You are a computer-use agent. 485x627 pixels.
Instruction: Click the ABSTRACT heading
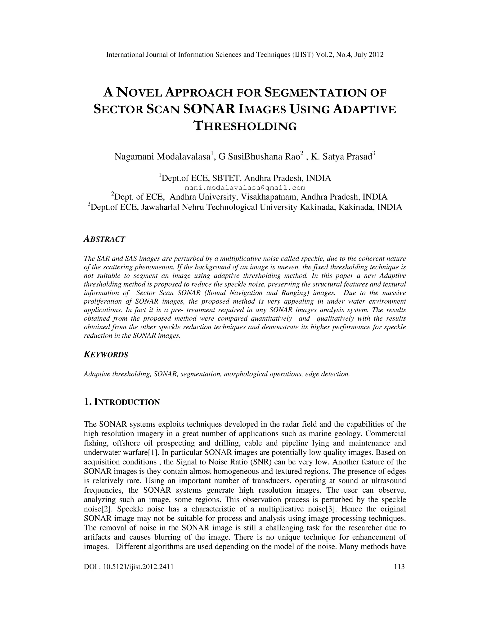(104, 239)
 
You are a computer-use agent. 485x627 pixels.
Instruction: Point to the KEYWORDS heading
(106, 355)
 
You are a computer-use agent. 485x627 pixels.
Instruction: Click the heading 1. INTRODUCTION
(122, 402)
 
